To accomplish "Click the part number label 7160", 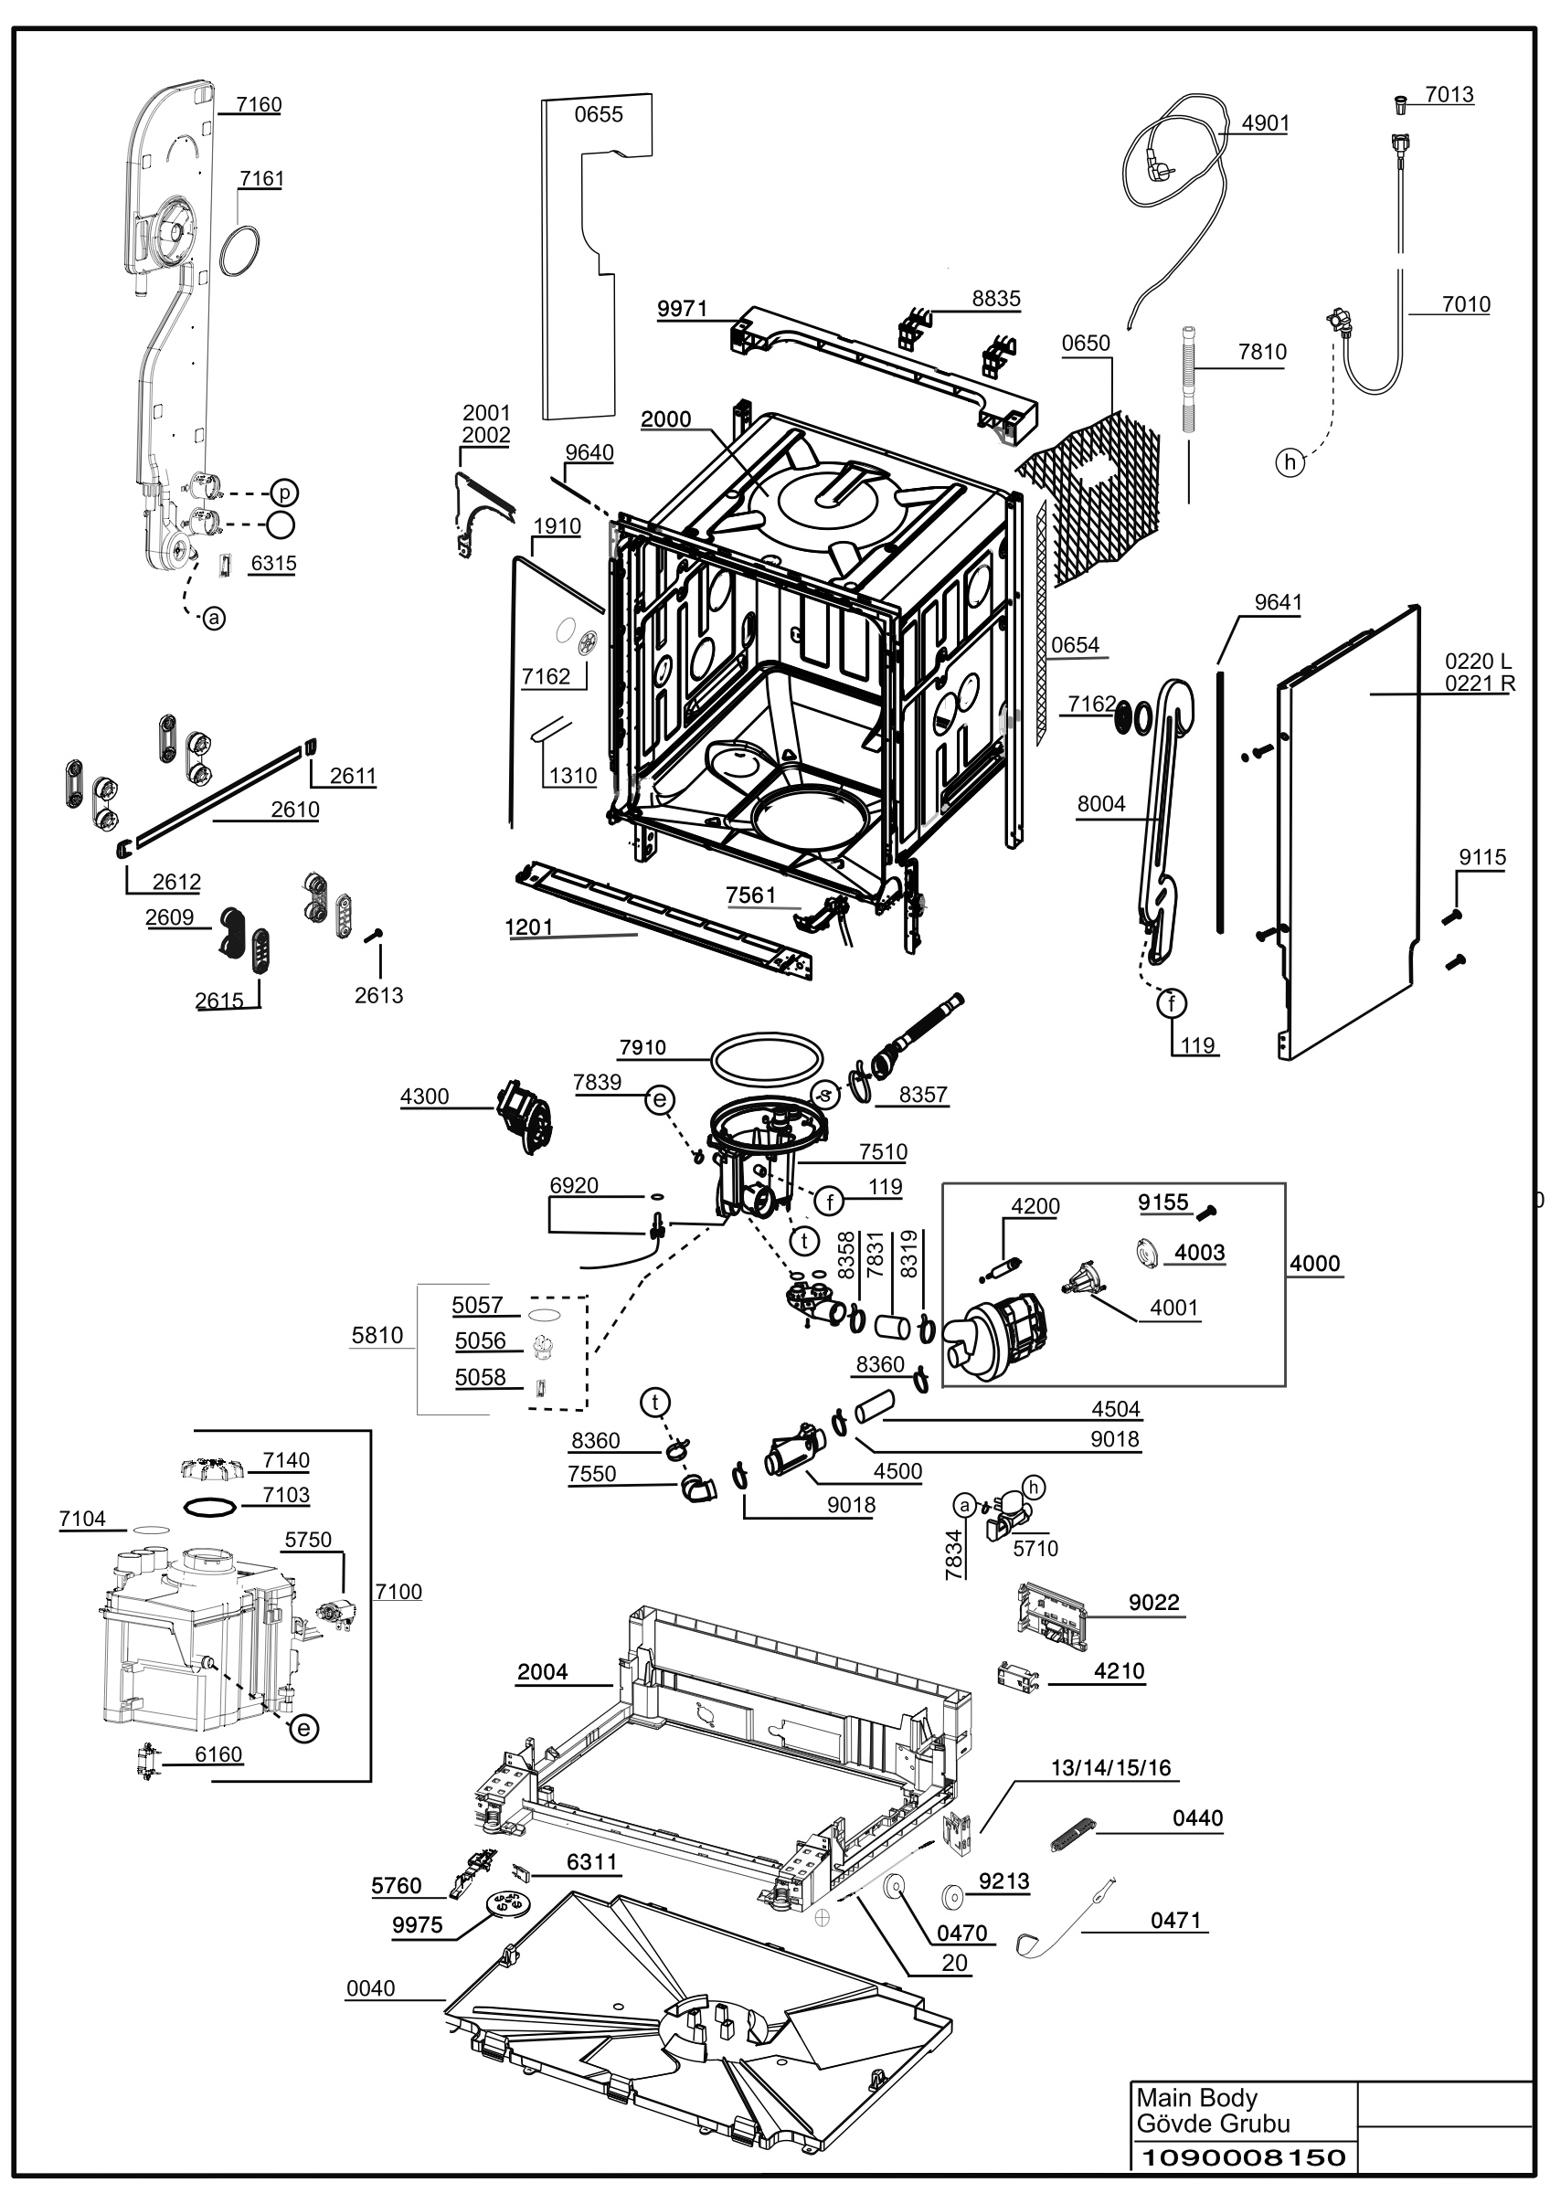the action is pos(259,104).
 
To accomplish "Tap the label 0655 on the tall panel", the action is pos(599,114).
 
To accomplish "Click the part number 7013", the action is pos(1449,94).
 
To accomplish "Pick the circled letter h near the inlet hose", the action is pos(1290,463).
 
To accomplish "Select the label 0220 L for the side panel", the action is pos(1478,661).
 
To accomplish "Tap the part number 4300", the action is pos(425,1096).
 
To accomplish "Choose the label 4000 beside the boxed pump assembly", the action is pos(1315,1264).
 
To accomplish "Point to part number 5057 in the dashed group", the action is pos(477,1305).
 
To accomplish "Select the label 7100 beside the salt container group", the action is pos(398,1591).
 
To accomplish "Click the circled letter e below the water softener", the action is pos(303,1728).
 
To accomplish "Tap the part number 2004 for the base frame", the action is pos(543,1671).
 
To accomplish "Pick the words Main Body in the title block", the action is pos(1196,2097).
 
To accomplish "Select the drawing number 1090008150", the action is pos(1244,2156).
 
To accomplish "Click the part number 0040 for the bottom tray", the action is pos(370,1988).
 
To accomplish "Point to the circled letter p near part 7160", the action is pos(284,493).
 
